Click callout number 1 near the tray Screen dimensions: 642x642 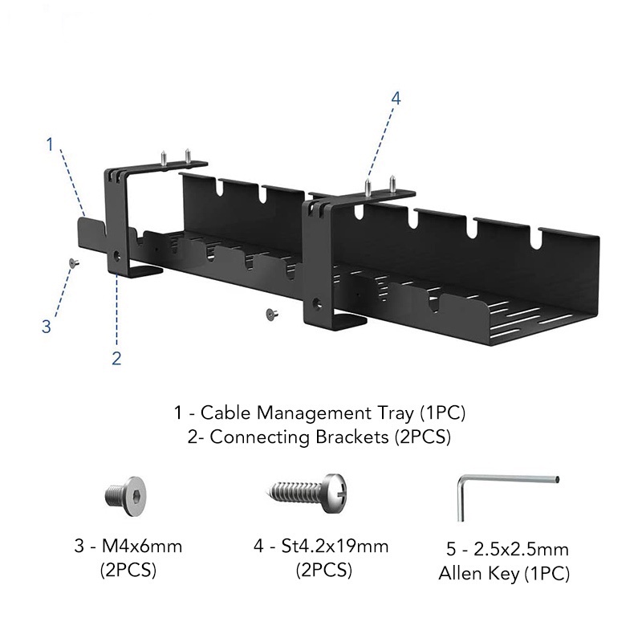pyautogui.click(x=50, y=145)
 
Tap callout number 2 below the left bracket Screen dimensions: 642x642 pyautogui.click(x=116, y=359)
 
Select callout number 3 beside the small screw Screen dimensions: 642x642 pyautogui.click(x=47, y=326)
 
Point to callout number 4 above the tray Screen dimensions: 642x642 pyautogui.click(x=396, y=98)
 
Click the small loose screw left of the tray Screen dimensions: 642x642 pyautogui.click(x=72, y=262)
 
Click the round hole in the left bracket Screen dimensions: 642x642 pyautogui.click(x=120, y=258)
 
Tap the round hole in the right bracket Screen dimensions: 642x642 pyautogui.click(x=318, y=304)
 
